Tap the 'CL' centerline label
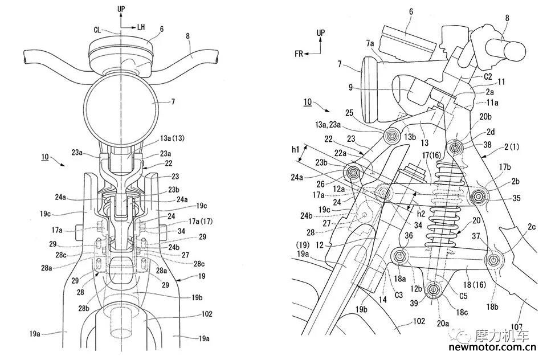[x=97, y=30]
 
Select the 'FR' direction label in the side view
[x=299, y=54]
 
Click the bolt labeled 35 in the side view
[x=478, y=197]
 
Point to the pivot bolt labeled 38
[x=455, y=148]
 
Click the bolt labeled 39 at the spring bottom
[x=434, y=289]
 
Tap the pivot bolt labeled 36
[x=400, y=257]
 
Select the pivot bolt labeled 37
[x=493, y=260]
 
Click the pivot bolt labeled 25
[x=392, y=136]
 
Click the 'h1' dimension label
[x=295, y=150]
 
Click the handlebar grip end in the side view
[x=516, y=51]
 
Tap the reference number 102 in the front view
[x=206, y=314]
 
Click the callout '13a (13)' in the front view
[x=172, y=138]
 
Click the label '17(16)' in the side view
[x=432, y=155]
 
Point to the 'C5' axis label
[x=463, y=296]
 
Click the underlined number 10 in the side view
[x=307, y=102]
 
